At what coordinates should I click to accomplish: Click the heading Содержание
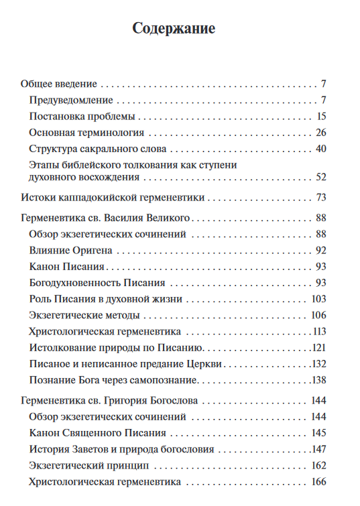pos(174,29)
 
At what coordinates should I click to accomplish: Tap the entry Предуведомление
pos(72,101)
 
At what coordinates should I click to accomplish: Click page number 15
pos(321,117)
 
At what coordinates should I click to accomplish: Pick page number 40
pos(320,149)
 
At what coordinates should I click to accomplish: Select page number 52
pos(320,178)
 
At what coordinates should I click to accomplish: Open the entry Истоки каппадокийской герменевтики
pos(113,198)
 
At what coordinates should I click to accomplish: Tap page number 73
pos(320,198)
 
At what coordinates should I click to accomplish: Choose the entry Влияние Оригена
pos(71,251)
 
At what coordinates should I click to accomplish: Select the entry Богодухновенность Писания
pos(98,283)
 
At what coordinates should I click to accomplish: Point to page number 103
pos(318,299)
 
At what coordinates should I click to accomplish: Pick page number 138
pos(318,380)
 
